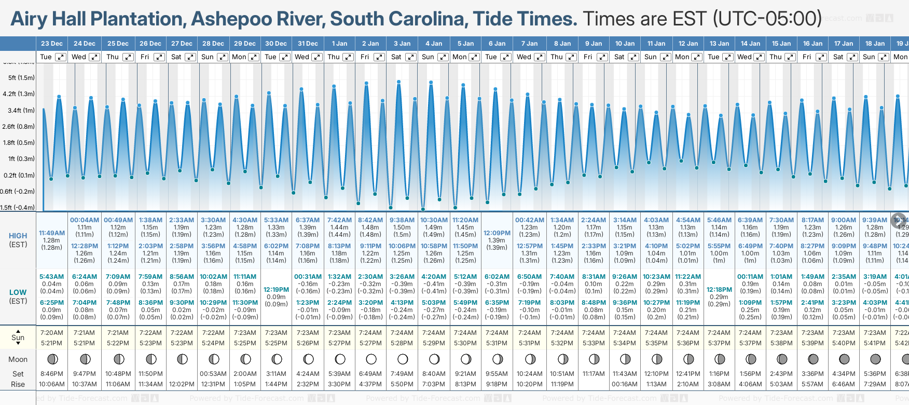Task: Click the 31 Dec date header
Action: (308, 44)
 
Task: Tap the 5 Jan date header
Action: (465, 44)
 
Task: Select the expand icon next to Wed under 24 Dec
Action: (94, 57)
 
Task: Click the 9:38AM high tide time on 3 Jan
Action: (402, 220)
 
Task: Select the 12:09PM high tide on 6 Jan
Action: (497, 233)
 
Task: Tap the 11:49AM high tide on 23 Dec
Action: (52, 233)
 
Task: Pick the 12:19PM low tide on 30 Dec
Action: (276, 290)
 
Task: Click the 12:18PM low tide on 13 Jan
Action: (719, 290)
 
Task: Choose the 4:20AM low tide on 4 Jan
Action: (434, 277)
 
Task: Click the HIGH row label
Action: (18, 236)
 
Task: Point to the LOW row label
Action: (18, 292)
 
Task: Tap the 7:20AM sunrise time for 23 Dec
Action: (52, 333)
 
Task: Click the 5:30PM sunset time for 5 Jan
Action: (465, 343)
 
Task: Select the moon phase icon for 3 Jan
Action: (402, 359)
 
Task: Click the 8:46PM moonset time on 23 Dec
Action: (52, 374)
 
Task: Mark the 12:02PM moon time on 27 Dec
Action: (182, 384)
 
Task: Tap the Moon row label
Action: (18, 359)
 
